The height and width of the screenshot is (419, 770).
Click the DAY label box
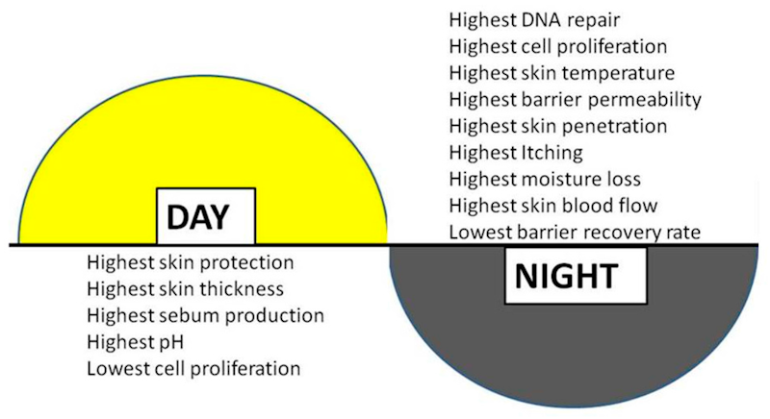(x=206, y=216)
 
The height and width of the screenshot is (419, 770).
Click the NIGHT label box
(x=565, y=276)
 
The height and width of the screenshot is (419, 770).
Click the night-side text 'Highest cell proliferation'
(x=557, y=46)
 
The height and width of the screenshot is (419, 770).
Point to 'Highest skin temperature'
(x=561, y=73)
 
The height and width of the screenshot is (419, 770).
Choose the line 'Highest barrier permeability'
(x=575, y=99)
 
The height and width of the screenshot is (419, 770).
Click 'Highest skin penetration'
(x=557, y=125)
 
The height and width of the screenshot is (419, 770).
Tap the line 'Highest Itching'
(x=515, y=152)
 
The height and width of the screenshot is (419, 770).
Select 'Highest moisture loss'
(x=544, y=178)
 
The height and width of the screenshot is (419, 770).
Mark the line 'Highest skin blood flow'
(x=553, y=205)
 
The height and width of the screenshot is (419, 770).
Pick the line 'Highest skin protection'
(x=190, y=262)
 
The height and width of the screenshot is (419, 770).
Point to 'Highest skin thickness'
(x=184, y=288)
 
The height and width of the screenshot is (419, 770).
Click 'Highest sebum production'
(x=204, y=315)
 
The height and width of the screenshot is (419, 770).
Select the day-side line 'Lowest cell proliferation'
(x=193, y=368)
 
